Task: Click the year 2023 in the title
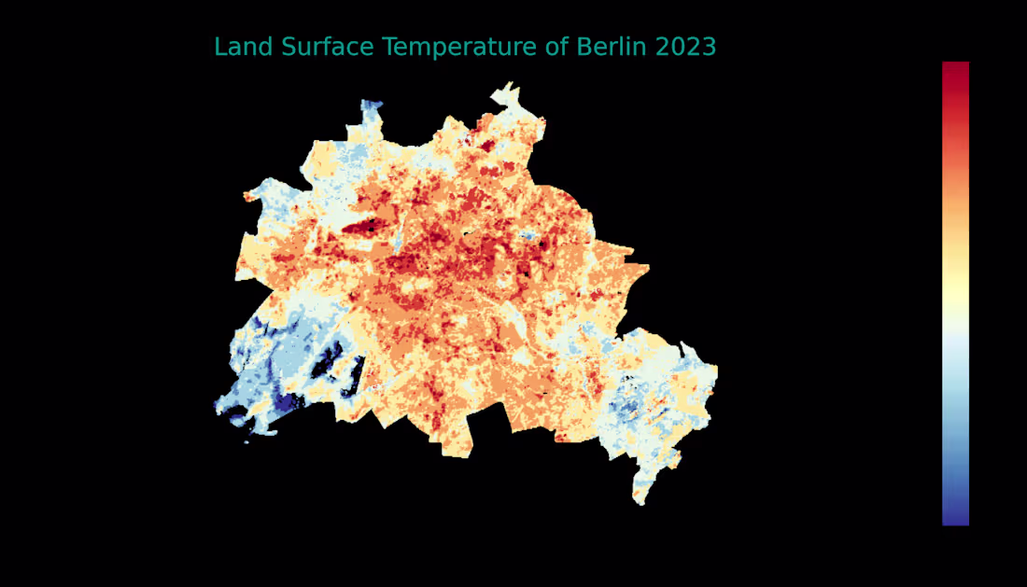[685, 47]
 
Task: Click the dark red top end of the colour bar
[955, 70]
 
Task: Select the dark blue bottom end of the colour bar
[955, 517]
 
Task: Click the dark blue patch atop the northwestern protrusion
[373, 105]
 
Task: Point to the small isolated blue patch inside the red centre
[530, 237]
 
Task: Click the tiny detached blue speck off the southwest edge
[246, 441]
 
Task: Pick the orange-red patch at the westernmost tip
[248, 196]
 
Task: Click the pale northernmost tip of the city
[508, 87]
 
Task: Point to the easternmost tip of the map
[716, 371]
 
